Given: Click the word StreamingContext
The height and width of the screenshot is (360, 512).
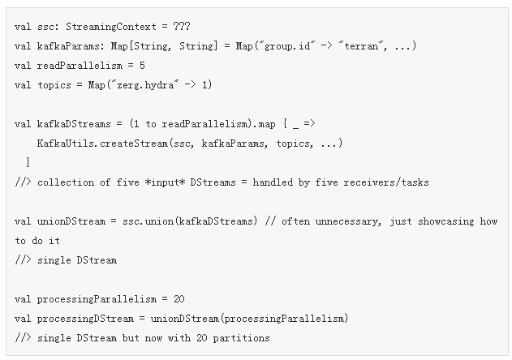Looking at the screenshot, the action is pos(111,27).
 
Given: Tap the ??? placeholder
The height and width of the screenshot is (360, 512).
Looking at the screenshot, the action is pos(182,26).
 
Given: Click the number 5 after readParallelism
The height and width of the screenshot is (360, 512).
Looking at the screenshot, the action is pos(142,66).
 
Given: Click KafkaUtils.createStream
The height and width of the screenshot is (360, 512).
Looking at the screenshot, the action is pos(102,144).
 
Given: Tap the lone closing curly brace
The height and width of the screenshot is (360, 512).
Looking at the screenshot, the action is pos(28,162).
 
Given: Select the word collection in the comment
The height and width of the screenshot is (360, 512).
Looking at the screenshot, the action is pos(66,182).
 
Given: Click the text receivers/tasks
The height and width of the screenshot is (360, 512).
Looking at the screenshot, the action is pos(386,182).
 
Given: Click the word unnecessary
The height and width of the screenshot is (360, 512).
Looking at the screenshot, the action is pos(348,221).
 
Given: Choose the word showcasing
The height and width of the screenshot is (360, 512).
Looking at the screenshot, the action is pos(445,221).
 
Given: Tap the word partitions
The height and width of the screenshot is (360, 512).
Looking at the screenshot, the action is pos(241,338).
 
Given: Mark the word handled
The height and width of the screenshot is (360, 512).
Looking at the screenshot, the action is pos(273,182).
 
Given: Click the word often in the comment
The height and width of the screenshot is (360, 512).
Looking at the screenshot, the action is pos(295,221).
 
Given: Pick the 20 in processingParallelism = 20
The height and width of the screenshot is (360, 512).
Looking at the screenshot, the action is pos(179,299).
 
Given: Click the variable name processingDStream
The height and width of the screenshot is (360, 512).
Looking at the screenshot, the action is pos(85,319).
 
